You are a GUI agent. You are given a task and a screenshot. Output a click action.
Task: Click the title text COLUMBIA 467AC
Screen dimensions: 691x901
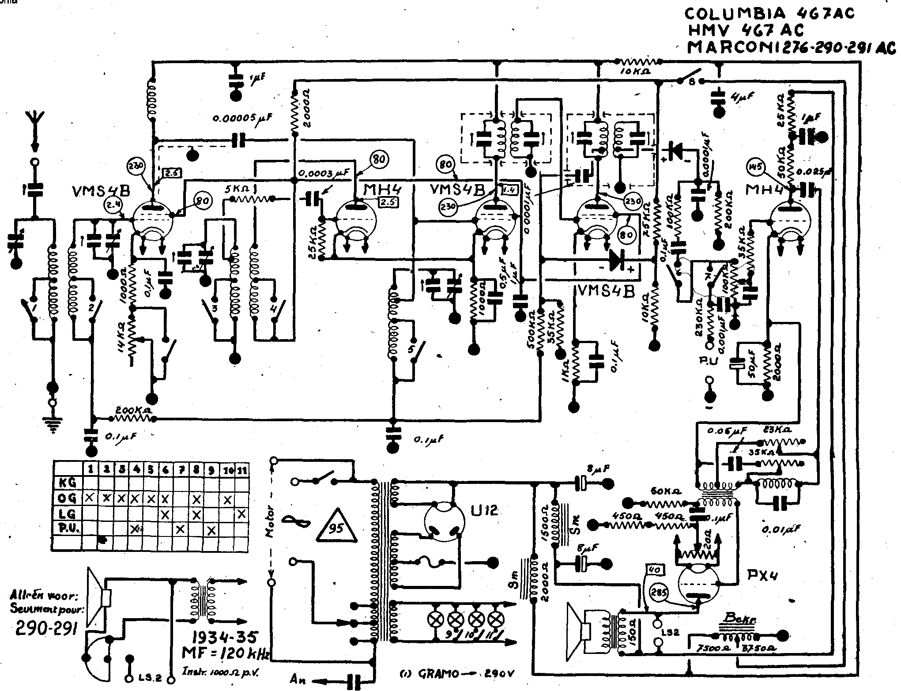coord(769,14)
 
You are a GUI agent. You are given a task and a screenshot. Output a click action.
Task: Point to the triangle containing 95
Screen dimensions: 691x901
coord(336,528)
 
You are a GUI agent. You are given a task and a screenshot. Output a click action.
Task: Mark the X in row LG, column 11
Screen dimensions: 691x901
coord(241,514)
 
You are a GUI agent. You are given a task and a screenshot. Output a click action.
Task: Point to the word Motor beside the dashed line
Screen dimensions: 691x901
coord(269,521)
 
